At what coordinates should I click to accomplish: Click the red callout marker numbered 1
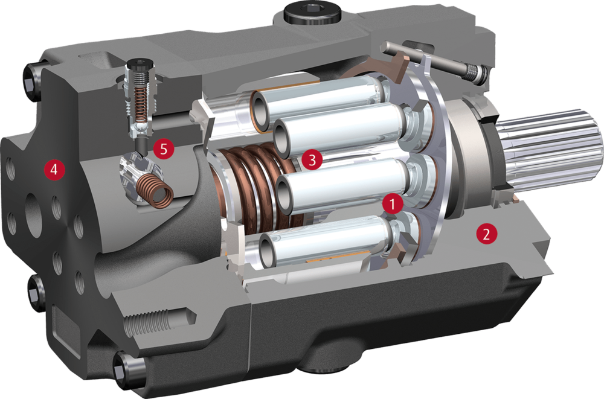click(393, 204)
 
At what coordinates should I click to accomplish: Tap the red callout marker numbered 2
click(486, 234)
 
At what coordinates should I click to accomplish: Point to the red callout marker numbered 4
click(54, 168)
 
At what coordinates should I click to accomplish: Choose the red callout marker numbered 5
click(164, 148)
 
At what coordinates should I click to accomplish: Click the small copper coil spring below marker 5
click(155, 191)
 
